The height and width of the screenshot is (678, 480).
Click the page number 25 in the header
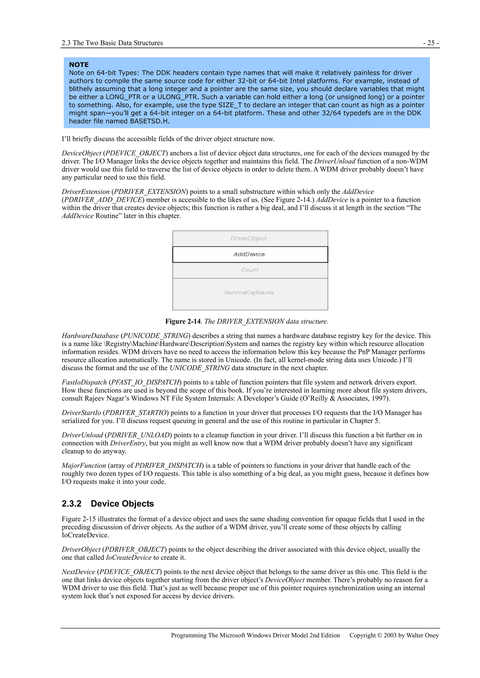tap(431, 43)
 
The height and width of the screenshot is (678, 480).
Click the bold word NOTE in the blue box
tap(79, 65)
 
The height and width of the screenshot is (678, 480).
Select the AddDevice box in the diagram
tap(250, 254)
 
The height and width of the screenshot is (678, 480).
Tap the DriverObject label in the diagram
tap(248, 238)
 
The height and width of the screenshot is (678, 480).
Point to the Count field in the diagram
tap(250, 270)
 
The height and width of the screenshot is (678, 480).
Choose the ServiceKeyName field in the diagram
tap(249, 293)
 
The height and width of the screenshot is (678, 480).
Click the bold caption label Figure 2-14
tap(183, 321)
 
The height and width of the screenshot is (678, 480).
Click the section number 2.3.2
tap(71, 503)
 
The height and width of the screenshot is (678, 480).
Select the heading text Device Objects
tap(122, 503)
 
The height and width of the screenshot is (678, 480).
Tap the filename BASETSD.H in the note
tap(149, 121)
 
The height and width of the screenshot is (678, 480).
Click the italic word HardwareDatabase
tap(90, 336)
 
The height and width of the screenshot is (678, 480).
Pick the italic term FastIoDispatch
tap(84, 382)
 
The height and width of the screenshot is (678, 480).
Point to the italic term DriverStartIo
tap(81, 413)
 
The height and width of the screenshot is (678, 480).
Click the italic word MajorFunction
tap(84, 465)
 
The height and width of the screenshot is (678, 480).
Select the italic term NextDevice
tap(78, 572)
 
